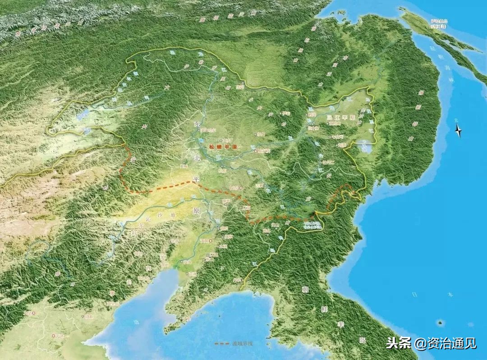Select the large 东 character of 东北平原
[196, 124]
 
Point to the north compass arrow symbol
[458, 131]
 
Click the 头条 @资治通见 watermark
[431, 343]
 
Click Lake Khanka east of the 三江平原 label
[364, 146]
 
